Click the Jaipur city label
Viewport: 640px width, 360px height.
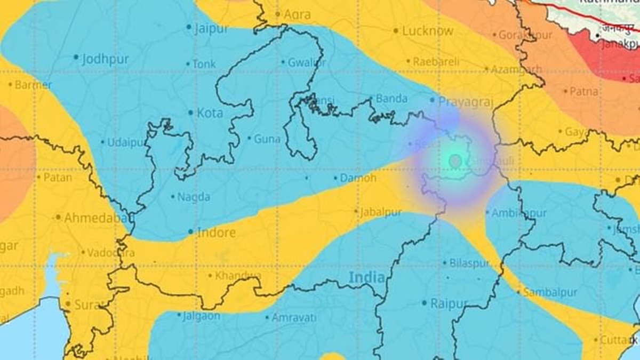click(x=211, y=29)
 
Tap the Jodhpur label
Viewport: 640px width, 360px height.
click(x=105, y=59)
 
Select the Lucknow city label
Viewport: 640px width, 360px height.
click(x=427, y=31)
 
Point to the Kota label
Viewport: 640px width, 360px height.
click(x=210, y=113)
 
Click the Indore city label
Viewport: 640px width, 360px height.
click(x=216, y=233)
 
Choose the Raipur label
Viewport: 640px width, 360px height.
click(x=449, y=303)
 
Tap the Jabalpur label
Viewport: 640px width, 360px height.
click(x=380, y=212)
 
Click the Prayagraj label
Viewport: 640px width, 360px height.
click(x=466, y=101)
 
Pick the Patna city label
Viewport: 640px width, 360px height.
click(x=583, y=92)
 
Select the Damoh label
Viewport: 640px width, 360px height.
click(x=358, y=178)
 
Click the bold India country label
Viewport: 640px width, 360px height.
click(x=366, y=277)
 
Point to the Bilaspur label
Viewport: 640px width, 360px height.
click(x=469, y=263)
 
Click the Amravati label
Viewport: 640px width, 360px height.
click(x=294, y=317)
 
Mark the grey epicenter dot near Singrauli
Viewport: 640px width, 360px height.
click(x=455, y=161)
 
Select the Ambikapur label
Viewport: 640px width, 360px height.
click(x=519, y=213)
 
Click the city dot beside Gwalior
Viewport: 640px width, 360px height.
click(x=283, y=62)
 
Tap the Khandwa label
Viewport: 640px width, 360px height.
click(x=238, y=276)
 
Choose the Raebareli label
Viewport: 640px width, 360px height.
click(x=436, y=62)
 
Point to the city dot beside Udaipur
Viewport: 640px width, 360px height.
click(x=103, y=142)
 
